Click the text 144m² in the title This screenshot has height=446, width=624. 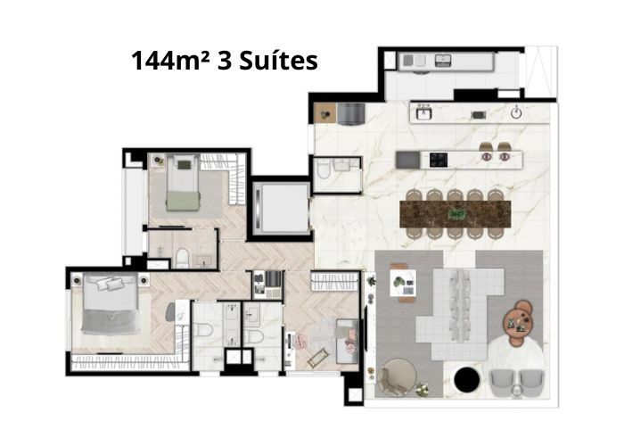pos(170,61)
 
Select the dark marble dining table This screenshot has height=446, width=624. pos(456,214)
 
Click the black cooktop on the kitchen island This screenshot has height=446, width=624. pos(439,160)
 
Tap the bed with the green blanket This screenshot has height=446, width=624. pos(183,182)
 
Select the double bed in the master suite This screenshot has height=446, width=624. pos(111,304)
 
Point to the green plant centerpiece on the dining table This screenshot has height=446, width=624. pos(456,215)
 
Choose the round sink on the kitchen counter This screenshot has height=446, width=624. pos(516,113)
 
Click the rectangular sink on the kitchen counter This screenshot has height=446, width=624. pos(423,113)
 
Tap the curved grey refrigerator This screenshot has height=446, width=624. pos(350,114)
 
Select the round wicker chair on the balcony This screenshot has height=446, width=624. pos(398,378)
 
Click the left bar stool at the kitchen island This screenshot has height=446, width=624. pos(486,152)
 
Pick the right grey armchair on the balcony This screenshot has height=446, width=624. pos(531,383)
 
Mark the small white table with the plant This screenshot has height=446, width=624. pos(403,283)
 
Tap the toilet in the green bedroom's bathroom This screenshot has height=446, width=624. pos(183,257)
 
